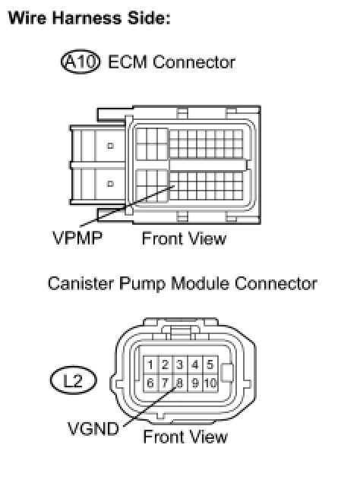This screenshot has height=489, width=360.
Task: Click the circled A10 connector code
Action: tap(81, 62)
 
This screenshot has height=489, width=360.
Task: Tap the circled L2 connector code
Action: tap(74, 380)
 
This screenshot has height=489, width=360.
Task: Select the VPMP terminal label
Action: tap(77, 238)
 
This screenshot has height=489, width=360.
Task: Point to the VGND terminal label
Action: tap(93, 428)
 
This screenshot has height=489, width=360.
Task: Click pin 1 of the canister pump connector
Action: tap(150, 364)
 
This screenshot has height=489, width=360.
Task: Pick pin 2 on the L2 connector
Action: tap(166, 364)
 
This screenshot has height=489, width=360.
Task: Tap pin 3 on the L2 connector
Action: tap(180, 364)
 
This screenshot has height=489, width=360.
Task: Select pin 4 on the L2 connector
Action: tap(195, 364)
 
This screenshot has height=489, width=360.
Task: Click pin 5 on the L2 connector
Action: tap(210, 364)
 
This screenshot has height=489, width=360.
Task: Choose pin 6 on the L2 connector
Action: tap(150, 383)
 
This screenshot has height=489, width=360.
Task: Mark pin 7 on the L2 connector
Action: tap(166, 383)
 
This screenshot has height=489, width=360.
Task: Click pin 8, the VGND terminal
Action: tap(180, 383)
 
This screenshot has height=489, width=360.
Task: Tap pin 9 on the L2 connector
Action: tap(195, 383)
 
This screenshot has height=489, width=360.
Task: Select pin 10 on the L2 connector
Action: tap(210, 383)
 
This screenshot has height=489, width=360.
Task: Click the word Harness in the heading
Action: tap(87, 17)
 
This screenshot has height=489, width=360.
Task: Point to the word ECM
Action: tap(128, 62)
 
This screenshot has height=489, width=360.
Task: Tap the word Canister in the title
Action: tap(81, 284)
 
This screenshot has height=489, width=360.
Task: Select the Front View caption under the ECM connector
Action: tap(184, 238)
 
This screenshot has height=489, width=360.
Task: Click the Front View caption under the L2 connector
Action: tap(185, 437)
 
